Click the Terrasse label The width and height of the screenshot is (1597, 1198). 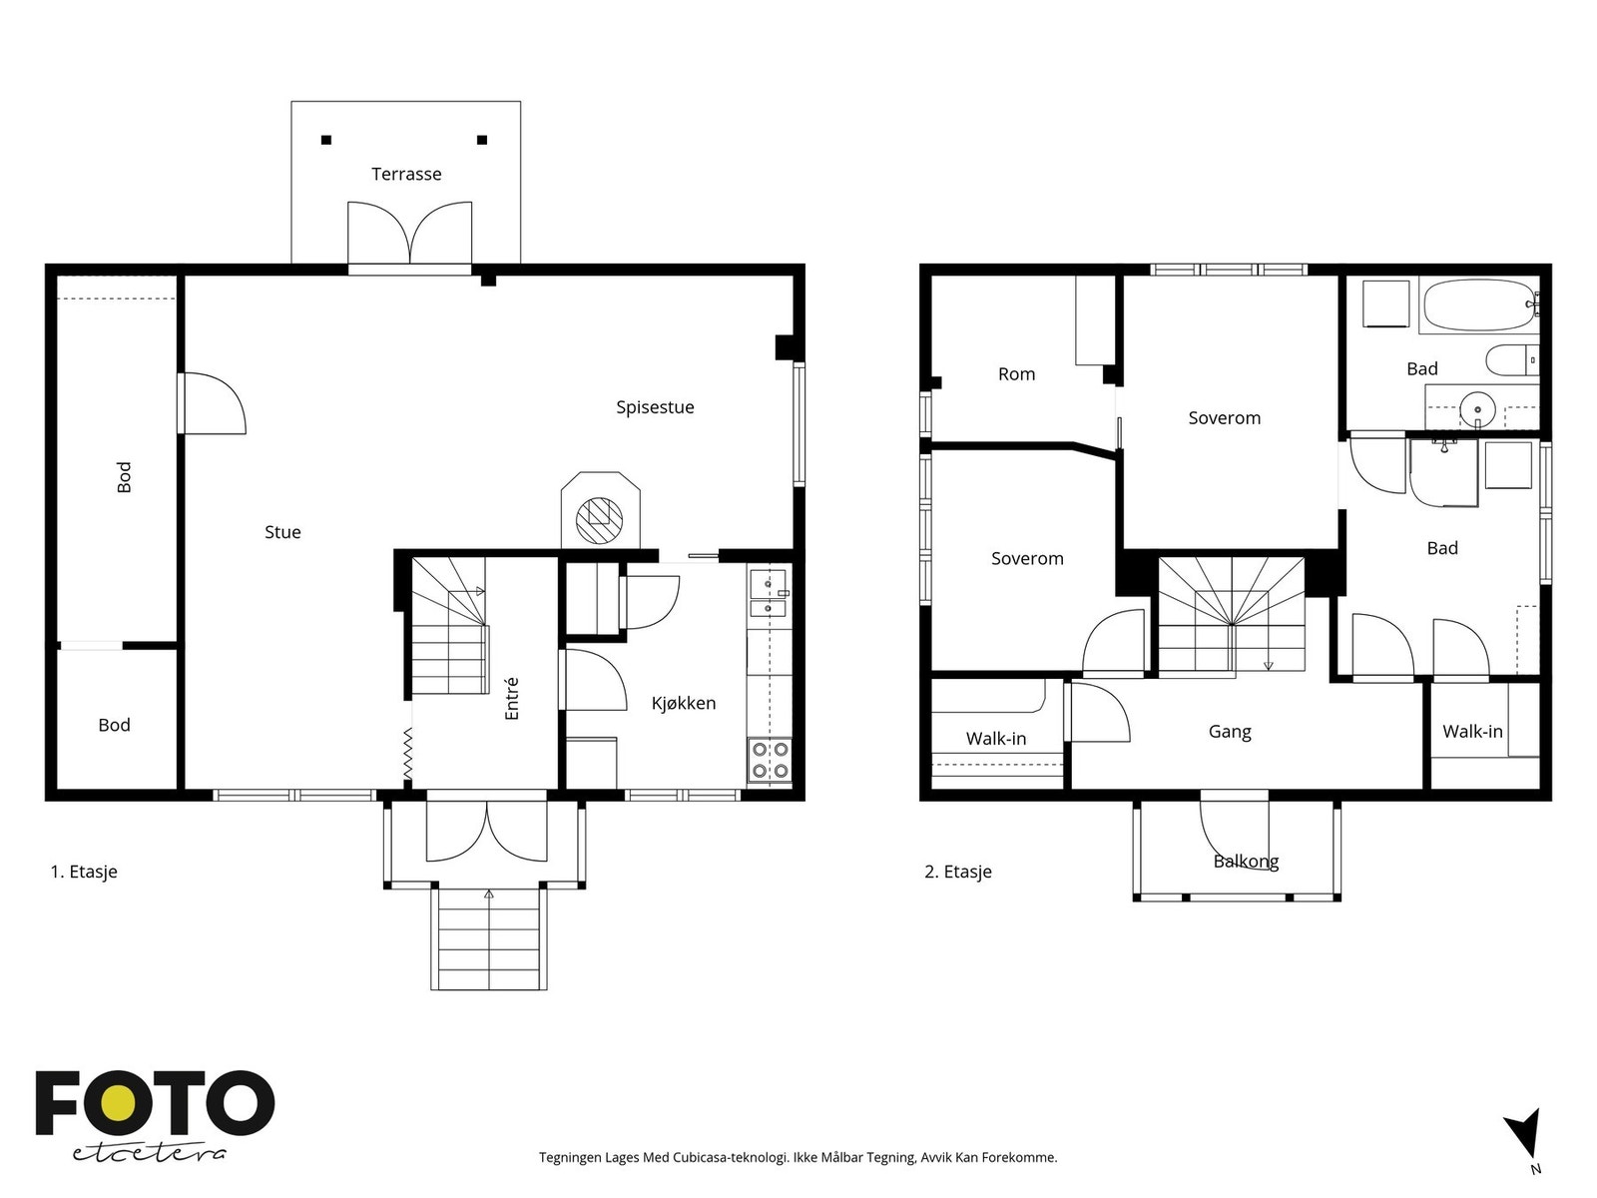point(406,174)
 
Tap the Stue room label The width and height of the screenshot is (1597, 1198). point(282,532)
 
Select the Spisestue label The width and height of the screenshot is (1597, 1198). point(655,407)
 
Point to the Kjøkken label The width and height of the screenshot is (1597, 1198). point(683,703)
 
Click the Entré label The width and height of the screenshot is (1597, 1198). point(511,698)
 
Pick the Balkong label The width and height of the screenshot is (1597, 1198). point(1246,862)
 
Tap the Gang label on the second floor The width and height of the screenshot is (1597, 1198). point(1230,731)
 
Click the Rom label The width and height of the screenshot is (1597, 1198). point(1016,373)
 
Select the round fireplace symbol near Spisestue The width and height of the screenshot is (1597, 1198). point(600,519)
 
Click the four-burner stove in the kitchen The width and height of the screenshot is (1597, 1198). point(770,760)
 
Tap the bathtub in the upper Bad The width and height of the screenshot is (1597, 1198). point(1479,304)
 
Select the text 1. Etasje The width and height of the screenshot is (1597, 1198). point(84,871)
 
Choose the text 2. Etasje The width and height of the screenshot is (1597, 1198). point(957,871)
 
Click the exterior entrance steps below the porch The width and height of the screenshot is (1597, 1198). point(488,938)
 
